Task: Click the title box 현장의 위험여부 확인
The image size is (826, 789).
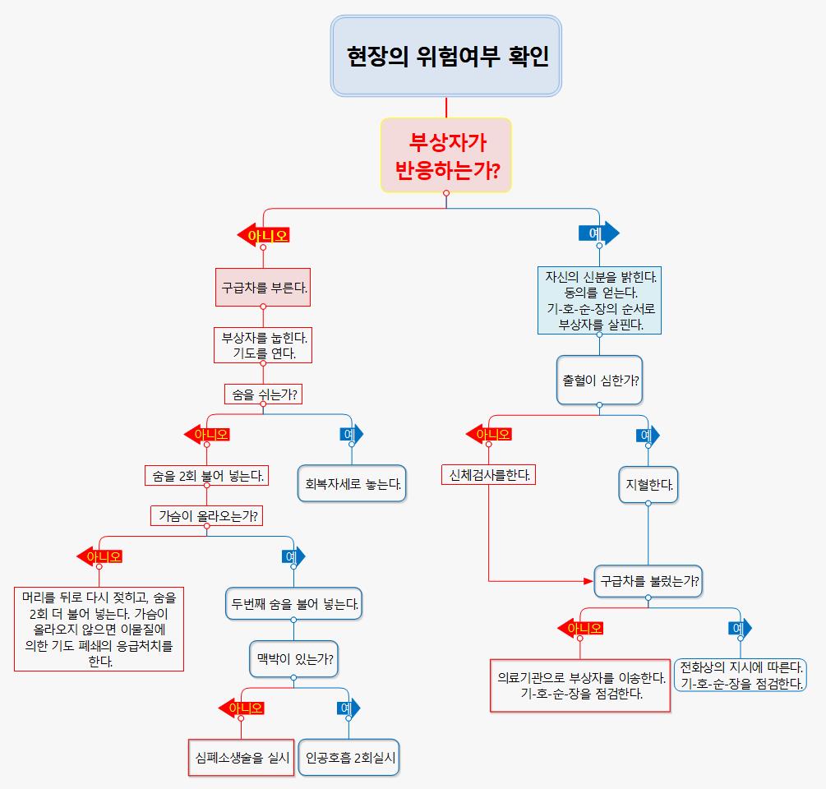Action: click(446, 56)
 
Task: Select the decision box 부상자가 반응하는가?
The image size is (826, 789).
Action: click(446, 155)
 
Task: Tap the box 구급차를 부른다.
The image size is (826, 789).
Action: click(263, 288)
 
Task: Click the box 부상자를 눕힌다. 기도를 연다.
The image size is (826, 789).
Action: click(263, 345)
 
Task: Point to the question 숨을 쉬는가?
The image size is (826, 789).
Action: click(263, 394)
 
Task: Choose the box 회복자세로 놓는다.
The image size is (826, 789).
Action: click(352, 484)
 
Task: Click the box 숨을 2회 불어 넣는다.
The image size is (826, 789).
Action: click(206, 475)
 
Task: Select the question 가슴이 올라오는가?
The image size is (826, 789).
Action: click(206, 516)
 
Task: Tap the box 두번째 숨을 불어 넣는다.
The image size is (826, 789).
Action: click(293, 604)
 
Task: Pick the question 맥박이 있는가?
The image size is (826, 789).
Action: click(293, 658)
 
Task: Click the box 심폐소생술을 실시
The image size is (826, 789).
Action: click(241, 758)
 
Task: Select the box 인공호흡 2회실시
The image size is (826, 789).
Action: click(350, 758)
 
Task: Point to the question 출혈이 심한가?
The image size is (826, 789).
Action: click(599, 381)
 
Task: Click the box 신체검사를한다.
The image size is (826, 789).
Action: click(488, 475)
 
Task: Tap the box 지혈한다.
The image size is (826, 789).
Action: click(648, 485)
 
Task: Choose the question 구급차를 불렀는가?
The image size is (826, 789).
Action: click(648, 581)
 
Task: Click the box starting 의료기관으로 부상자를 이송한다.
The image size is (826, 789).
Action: click(580, 685)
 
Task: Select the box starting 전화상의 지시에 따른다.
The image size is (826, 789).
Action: click(740, 675)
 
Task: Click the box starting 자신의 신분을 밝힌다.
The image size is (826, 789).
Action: click(599, 300)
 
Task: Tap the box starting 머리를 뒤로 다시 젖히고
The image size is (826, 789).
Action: click(99, 630)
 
